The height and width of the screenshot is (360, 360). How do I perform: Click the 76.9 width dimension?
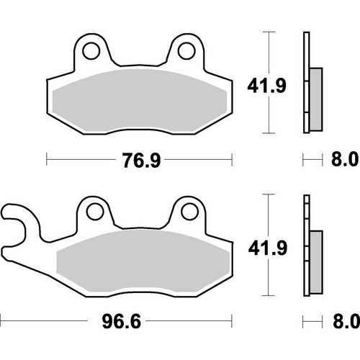coord(139,159)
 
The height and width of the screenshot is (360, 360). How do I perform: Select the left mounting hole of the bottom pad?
coord(92,210)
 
